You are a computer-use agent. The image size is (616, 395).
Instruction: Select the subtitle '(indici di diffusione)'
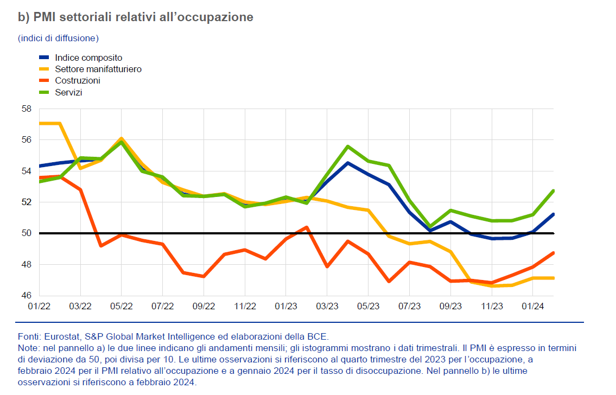58,38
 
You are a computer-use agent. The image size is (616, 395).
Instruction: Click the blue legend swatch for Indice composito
45,58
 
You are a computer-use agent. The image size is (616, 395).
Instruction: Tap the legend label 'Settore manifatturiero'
98,69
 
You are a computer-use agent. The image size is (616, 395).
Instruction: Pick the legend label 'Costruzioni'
78,81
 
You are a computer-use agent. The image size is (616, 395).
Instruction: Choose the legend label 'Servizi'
68,92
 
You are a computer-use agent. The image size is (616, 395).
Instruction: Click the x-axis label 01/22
39,307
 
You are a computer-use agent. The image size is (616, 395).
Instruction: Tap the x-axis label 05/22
121,307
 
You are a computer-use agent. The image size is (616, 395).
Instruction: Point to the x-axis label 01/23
285,307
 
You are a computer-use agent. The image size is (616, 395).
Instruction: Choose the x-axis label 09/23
450,307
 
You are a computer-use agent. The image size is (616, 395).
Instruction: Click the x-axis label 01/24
532,307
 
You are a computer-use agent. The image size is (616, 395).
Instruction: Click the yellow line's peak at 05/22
122,138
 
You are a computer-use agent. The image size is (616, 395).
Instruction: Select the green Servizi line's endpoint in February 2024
553,190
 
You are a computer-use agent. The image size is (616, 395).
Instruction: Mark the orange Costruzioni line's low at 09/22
204,276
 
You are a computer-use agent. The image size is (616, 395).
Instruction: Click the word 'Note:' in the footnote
28,347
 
